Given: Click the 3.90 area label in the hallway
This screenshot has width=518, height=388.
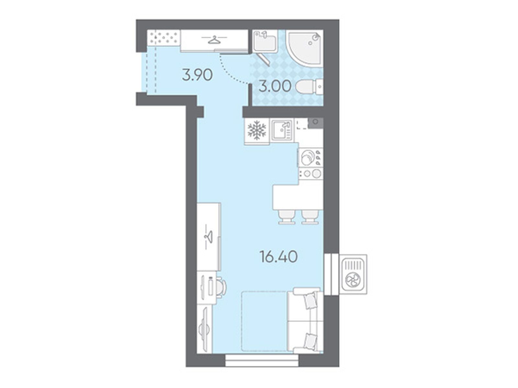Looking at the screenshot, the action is (x=197, y=75).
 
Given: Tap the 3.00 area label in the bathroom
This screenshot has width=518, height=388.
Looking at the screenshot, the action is (x=275, y=86).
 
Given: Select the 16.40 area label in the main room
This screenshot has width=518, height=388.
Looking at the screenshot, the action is (x=278, y=256).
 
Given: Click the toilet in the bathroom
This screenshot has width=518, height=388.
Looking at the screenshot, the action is (x=309, y=87).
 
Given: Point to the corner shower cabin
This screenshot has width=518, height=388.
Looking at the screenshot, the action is (x=304, y=48).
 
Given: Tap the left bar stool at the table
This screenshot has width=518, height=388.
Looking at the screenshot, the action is (x=287, y=217).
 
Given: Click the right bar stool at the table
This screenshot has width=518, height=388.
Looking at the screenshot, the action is (x=310, y=217).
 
